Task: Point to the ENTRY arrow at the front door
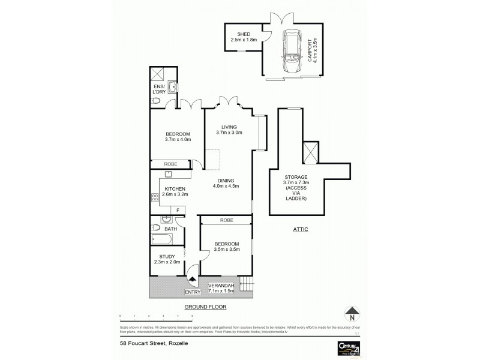(x=192, y=278)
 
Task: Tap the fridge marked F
(x=178, y=209)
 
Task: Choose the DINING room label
(x=227, y=182)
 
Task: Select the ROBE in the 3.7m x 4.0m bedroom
(x=170, y=163)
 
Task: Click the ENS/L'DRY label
(x=158, y=92)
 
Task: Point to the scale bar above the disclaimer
(x=156, y=315)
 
